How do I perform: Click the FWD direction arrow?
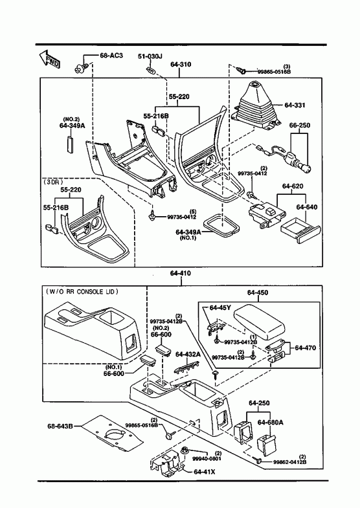coord(49,60)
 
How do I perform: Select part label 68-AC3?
coord(111,56)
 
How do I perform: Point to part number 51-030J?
coord(150,56)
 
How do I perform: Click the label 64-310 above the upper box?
coord(181,65)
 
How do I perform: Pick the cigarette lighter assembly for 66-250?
coord(284,157)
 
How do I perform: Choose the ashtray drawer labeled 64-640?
coord(300,230)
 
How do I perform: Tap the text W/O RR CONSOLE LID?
coord(82,292)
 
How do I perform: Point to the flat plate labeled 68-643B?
coord(111,433)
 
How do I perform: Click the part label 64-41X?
coord(204,472)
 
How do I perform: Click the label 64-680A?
coord(270,423)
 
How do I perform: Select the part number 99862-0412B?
coord(289,462)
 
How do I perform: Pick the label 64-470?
coord(305,348)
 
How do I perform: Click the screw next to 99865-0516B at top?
coord(240,70)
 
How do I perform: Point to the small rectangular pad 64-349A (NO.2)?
coord(70,144)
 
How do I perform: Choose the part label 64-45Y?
coord(220,307)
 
